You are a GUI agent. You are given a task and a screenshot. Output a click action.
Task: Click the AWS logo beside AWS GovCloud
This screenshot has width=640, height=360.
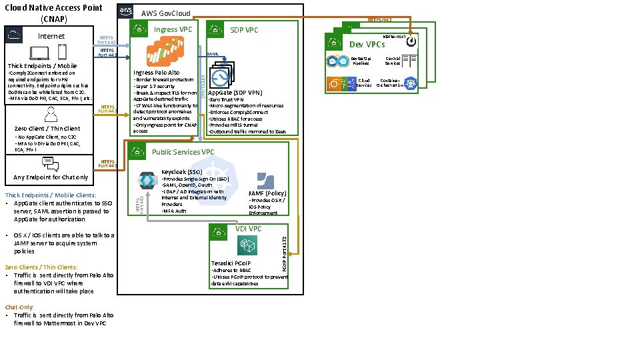125,12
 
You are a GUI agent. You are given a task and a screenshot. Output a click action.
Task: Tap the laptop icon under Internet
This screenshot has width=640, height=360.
39,52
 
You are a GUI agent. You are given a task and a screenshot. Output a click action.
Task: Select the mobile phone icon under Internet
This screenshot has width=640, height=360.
62,51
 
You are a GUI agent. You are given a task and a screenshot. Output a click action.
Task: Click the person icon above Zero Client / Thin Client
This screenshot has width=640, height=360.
47,115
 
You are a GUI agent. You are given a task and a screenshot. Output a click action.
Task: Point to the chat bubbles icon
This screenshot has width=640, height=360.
50,164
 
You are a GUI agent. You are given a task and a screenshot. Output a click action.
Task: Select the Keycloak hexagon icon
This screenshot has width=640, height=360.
147,180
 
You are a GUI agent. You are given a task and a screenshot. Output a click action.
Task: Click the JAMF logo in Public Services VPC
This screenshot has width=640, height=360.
265,181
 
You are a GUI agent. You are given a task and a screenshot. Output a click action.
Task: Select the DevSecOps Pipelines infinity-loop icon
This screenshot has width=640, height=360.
335,61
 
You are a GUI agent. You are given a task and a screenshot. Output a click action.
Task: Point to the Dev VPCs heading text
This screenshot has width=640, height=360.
367,45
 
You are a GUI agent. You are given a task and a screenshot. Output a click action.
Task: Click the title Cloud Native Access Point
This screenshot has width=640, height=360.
53,7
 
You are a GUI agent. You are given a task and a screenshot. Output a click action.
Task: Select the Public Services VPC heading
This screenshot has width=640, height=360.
183,152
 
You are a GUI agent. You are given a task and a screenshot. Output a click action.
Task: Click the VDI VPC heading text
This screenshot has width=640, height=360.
249,229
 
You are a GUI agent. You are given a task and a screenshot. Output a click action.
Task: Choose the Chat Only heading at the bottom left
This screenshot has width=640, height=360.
19,307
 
